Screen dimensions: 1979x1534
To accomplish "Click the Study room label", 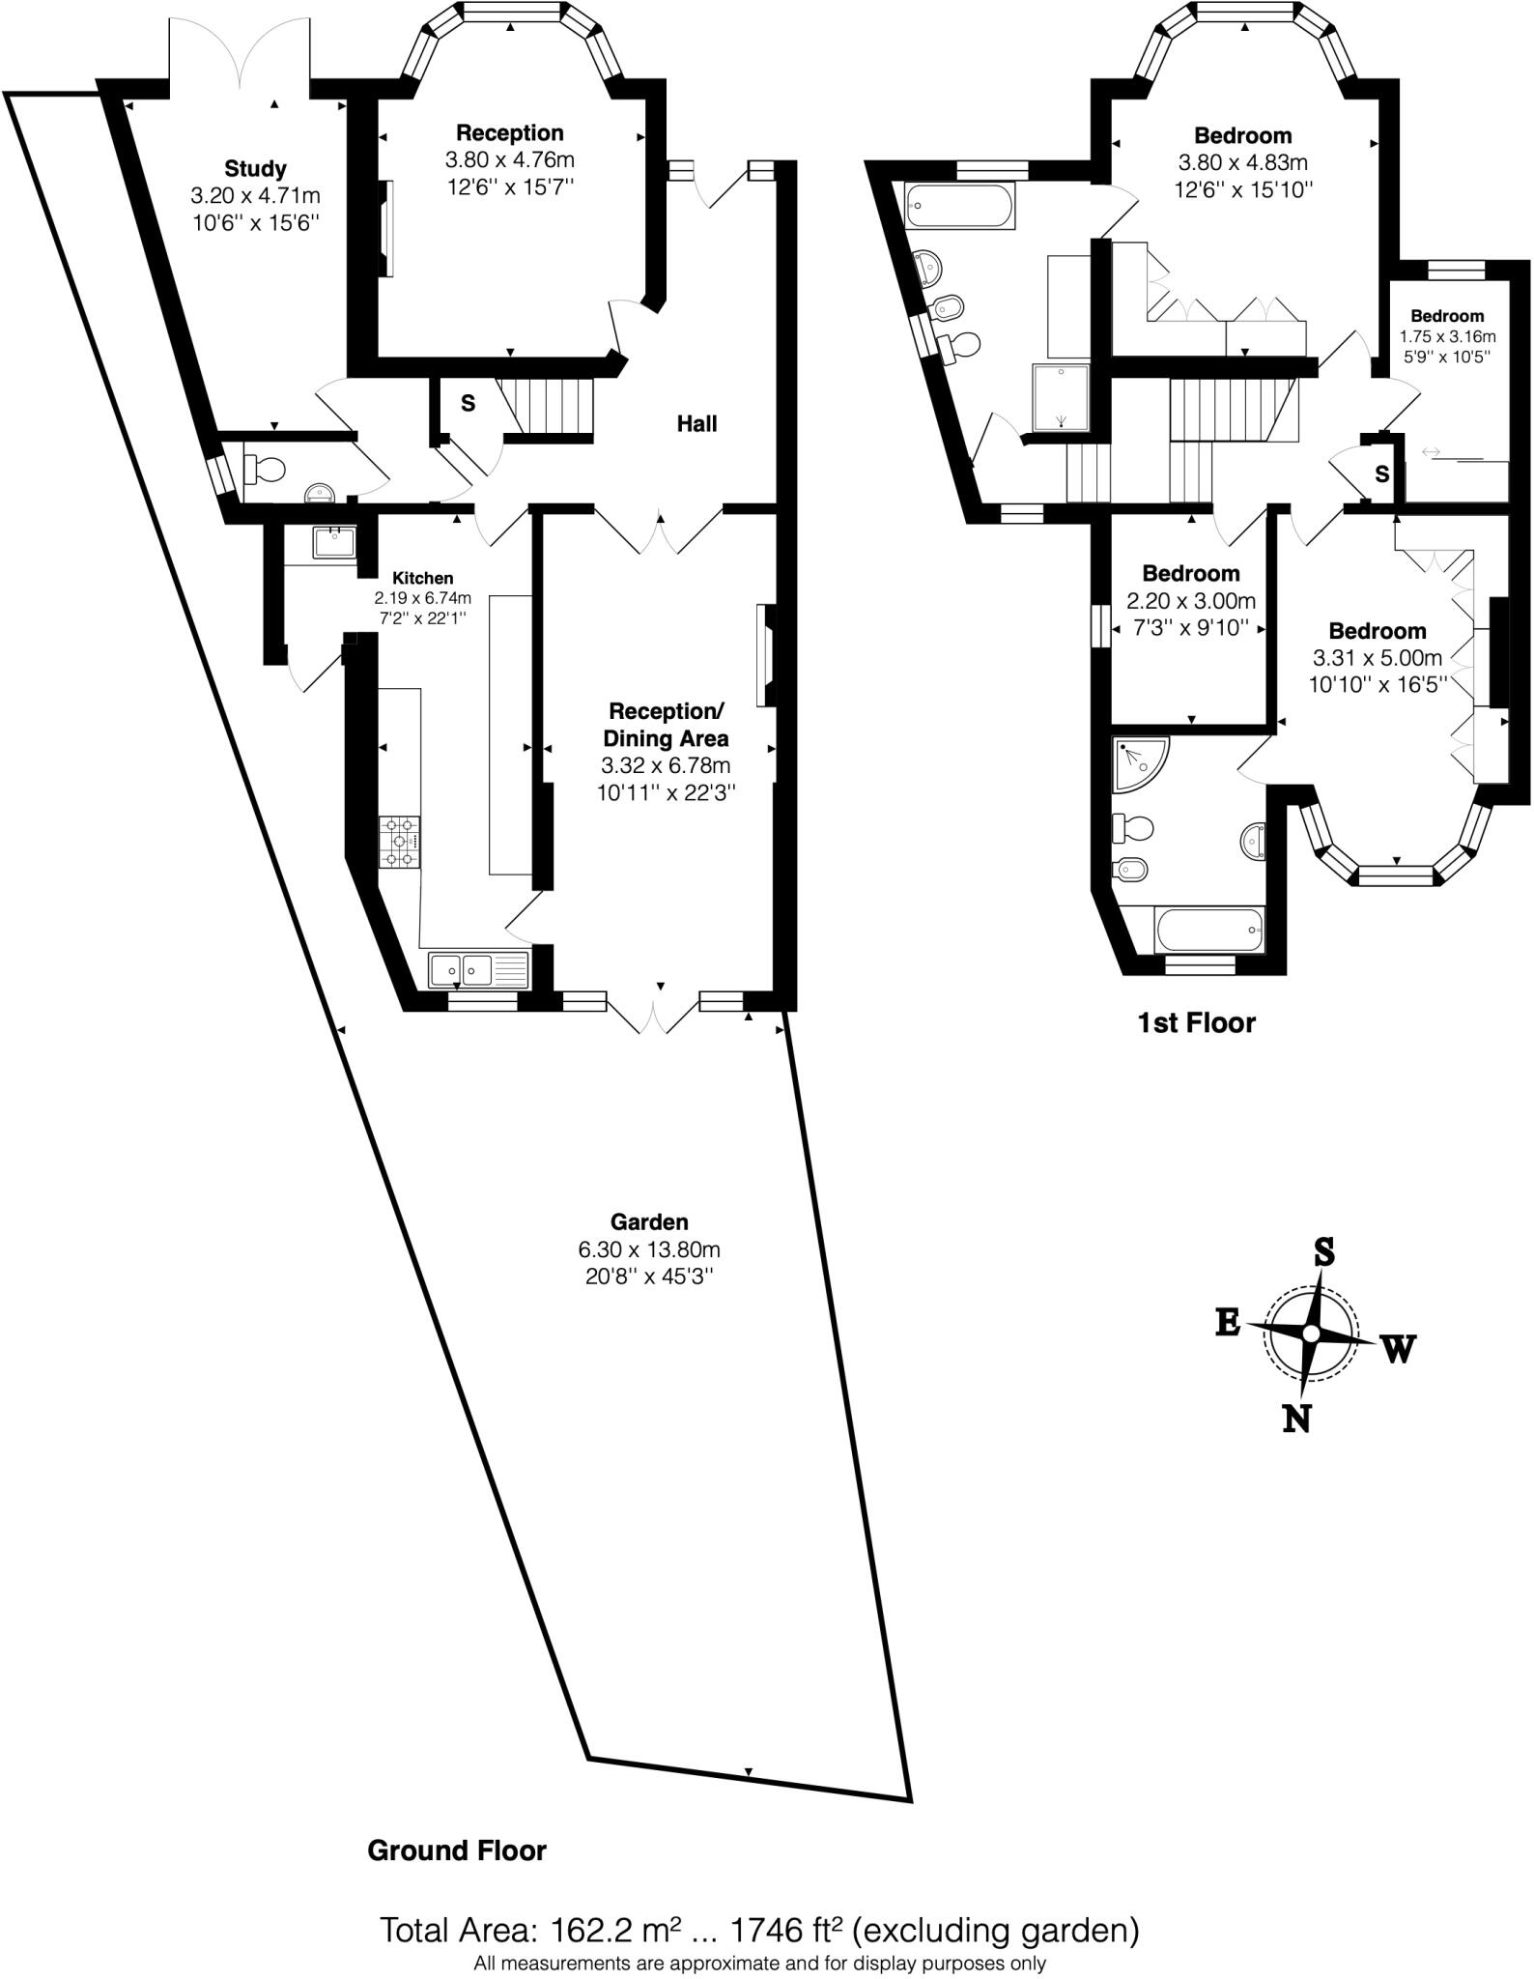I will pyautogui.click(x=255, y=169).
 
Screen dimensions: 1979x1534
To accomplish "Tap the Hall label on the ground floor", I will pyautogui.click(x=696, y=423).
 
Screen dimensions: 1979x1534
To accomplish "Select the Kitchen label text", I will pyautogui.click(x=422, y=578).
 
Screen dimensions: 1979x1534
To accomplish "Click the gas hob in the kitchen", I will pyautogui.click(x=401, y=841).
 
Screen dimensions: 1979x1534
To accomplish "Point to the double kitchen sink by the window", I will pyautogui.click(x=478, y=969).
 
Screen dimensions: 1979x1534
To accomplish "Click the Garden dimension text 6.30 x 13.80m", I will pyautogui.click(x=649, y=1248).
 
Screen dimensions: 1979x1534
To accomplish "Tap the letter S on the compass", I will pyautogui.click(x=1323, y=1252).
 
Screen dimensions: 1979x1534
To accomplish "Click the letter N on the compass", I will pyautogui.click(x=1296, y=1419).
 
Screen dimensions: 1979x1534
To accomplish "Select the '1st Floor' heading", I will pyautogui.click(x=1196, y=1022).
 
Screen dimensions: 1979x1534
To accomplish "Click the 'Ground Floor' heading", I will pyautogui.click(x=457, y=1850).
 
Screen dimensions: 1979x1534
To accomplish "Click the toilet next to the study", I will pyautogui.click(x=265, y=470).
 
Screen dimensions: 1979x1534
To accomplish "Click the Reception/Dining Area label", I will pyautogui.click(x=666, y=725).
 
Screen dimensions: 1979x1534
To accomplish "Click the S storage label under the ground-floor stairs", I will pyautogui.click(x=468, y=403).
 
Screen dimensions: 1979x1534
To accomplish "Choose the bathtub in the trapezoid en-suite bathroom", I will pyautogui.click(x=960, y=205).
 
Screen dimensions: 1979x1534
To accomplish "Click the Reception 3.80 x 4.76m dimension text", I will pyautogui.click(x=510, y=159).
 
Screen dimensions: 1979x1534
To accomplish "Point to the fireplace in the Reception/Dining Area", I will pyautogui.click(x=766, y=655).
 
